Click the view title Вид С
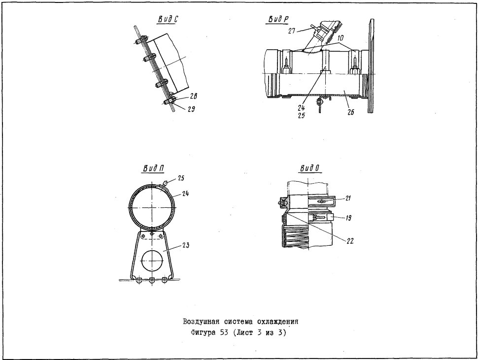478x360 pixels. [x=168, y=19]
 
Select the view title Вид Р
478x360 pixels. [x=278, y=19]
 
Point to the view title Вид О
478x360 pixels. [x=310, y=168]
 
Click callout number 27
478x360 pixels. [x=292, y=31]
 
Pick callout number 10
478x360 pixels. [x=341, y=38]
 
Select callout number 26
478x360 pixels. [x=351, y=112]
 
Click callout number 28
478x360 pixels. [x=193, y=96]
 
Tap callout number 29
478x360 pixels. [x=191, y=109]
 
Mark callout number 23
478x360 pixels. [x=186, y=245]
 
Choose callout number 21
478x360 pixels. [x=347, y=198]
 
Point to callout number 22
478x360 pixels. [x=350, y=241]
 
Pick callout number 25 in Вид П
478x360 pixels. [x=181, y=178]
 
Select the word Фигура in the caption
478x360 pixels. [x=203, y=332]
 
